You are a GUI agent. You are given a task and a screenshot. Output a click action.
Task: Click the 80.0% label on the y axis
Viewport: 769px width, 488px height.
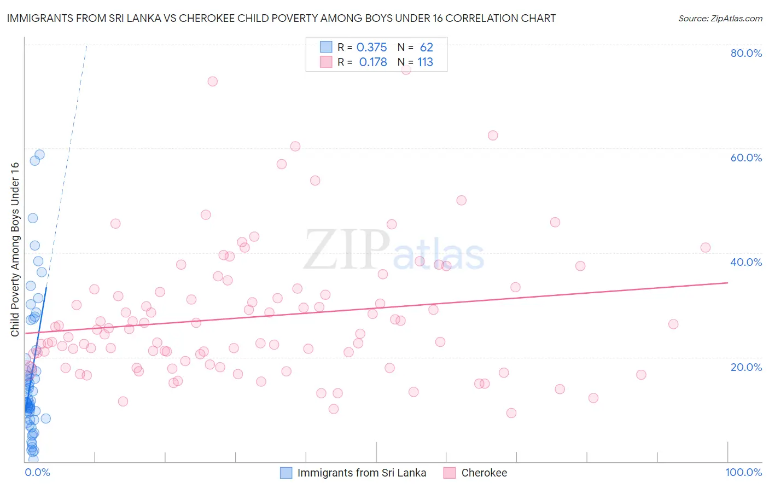pyautogui.click(x=746, y=53)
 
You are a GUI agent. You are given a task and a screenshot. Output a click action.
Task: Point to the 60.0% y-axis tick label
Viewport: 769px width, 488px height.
pyautogui.click(x=746, y=158)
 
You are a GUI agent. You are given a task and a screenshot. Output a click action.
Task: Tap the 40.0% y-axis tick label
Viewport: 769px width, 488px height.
pyautogui.click(x=746, y=262)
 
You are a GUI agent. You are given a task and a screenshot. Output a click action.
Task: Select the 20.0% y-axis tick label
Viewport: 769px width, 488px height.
pyautogui.click(x=746, y=367)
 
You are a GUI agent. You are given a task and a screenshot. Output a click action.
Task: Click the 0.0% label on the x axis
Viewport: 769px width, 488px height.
pyautogui.click(x=37, y=472)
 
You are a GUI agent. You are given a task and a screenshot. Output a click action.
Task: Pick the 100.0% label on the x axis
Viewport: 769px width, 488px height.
pyautogui.click(x=743, y=472)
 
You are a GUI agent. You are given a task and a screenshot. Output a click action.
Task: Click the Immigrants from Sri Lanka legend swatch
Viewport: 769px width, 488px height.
pyautogui.click(x=286, y=473)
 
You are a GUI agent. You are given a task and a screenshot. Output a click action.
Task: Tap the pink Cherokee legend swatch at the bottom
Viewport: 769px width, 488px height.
pyautogui.click(x=450, y=473)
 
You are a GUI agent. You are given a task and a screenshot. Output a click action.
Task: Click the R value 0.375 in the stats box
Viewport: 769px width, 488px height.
pyautogui.click(x=371, y=48)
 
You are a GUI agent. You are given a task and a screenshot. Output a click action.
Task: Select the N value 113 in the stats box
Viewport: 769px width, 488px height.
pyautogui.click(x=425, y=62)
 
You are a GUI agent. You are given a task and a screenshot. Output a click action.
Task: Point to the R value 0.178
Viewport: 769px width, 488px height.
pyautogui.click(x=373, y=62)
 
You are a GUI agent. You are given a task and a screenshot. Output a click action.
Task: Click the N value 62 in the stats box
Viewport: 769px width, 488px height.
pyautogui.click(x=426, y=48)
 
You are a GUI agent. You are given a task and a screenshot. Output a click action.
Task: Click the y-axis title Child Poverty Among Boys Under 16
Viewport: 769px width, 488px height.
pyautogui.click(x=15, y=249)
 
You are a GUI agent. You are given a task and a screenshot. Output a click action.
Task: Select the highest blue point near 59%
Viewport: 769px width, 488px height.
pyautogui.click(x=39, y=155)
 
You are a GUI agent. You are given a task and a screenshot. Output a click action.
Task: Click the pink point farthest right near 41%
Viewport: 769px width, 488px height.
pyautogui.click(x=706, y=248)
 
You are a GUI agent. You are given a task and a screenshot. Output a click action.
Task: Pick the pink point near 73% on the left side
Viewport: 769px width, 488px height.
pyautogui.click(x=213, y=82)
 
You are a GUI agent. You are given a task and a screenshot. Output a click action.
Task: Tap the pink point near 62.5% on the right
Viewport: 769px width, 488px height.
pyautogui.click(x=493, y=136)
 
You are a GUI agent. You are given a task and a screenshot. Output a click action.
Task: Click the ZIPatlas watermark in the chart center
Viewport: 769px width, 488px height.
pyautogui.click(x=394, y=251)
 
